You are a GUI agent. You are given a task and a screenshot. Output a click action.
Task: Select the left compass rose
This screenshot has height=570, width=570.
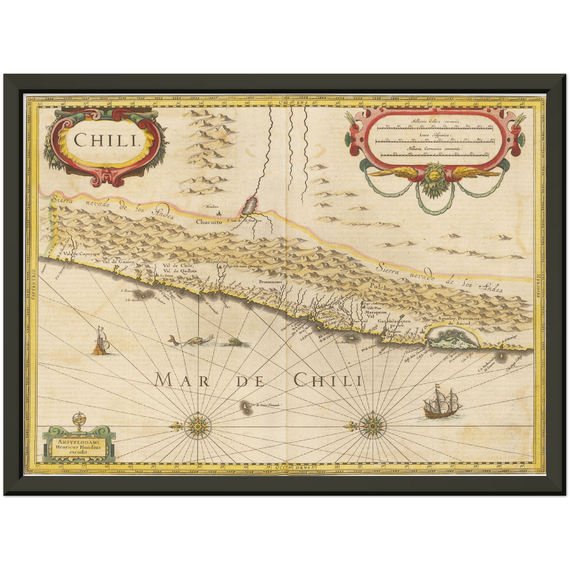196,426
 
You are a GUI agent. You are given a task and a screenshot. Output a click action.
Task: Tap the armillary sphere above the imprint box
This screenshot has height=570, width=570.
79,420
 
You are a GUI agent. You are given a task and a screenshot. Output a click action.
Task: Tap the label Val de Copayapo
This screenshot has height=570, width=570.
84,254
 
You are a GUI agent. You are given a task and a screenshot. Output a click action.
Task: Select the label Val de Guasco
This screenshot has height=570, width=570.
118,262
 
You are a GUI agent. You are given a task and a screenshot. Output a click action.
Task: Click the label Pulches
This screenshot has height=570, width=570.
381,288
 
